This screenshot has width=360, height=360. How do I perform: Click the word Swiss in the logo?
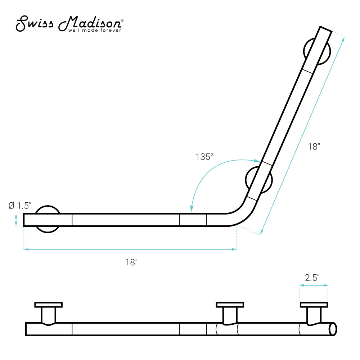coord(35,23)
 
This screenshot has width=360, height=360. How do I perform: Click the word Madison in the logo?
coord(90,23)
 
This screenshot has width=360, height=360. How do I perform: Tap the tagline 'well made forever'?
coord(95,31)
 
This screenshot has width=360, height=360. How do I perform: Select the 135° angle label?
coord(204,157)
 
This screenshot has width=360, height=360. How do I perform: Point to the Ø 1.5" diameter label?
coord(20,206)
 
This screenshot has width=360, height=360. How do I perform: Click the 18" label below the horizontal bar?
coord(131,262)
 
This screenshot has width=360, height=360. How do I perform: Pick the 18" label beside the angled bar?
coord(314,147)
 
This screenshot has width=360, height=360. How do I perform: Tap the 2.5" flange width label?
coord(312,278)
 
